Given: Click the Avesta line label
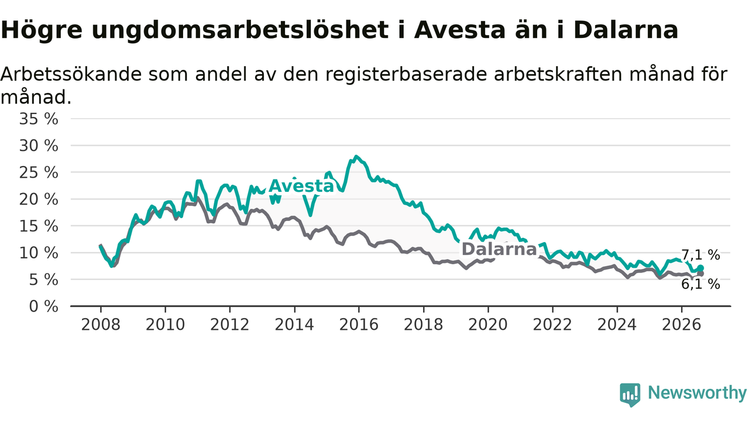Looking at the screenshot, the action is click(301, 186).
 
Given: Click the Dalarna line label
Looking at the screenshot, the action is click(499, 249).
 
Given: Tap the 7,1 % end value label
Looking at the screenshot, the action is click(700, 256).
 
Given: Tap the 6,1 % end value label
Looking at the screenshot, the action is click(700, 284).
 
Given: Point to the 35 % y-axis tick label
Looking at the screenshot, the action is click(39, 119).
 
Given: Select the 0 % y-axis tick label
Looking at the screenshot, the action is click(44, 306).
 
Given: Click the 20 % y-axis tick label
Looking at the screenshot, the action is click(39, 199).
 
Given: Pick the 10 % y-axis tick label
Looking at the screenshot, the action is click(39, 253).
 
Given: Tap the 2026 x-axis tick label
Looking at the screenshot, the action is click(682, 325).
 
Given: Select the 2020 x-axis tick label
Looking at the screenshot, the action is click(488, 325).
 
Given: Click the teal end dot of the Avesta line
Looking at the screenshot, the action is click(700, 268).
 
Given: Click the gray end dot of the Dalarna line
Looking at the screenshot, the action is click(700, 274).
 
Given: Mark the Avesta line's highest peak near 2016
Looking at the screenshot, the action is click(356, 156).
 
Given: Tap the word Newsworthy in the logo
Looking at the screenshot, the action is click(698, 392).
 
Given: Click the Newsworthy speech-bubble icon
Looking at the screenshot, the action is click(630, 395).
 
